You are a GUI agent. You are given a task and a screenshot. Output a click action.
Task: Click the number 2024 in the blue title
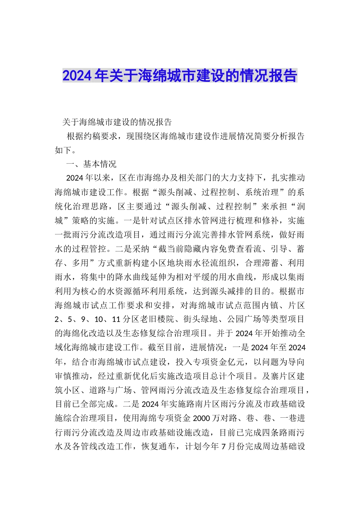pos(77,76)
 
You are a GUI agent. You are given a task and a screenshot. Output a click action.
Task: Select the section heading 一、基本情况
pos(91,164)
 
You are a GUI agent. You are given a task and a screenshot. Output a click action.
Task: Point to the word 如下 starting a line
pos(63,150)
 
